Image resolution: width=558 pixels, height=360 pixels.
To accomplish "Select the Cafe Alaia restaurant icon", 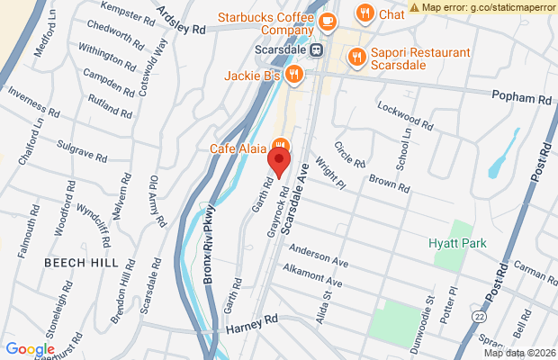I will (x=281, y=144).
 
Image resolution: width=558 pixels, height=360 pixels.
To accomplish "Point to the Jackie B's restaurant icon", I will (x=293, y=74).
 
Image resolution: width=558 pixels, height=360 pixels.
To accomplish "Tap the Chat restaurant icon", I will (x=364, y=13).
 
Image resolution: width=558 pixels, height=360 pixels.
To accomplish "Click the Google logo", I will (x=30, y=349).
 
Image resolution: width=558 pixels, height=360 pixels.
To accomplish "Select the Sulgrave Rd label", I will (x=82, y=145).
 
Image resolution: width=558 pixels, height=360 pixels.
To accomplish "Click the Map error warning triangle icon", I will (x=414, y=6).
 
